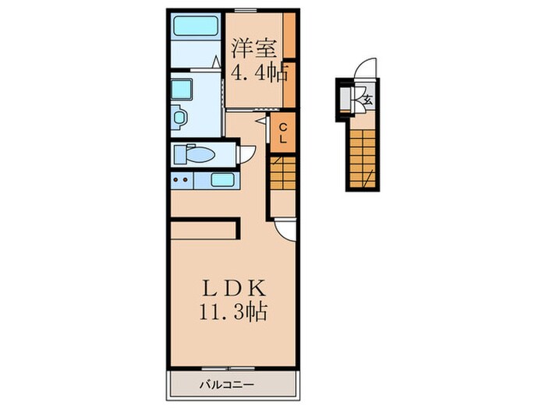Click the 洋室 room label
pyautogui.click(x=254, y=49)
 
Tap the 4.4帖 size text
pyautogui.click(x=260, y=73)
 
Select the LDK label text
pyautogui.click(x=234, y=288)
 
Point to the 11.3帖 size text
pyautogui.click(x=233, y=312)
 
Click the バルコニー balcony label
pyautogui.click(x=227, y=385)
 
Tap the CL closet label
pyautogui.click(x=283, y=133)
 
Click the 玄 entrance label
pyautogui.click(x=368, y=100)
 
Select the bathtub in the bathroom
pyautogui.click(x=195, y=26)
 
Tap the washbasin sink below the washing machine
pyautogui.click(x=179, y=118)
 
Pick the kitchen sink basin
pyautogui.click(x=222, y=179)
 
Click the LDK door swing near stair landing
pyautogui.click(x=285, y=229)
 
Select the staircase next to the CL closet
pyautogui.click(x=282, y=172)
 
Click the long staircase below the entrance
pyautogui.click(x=363, y=159)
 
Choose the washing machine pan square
pyautogui.click(x=182, y=90)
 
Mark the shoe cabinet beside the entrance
pyautogui.click(x=346, y=100)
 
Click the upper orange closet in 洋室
pyautogui.click(x=289, y=36)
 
